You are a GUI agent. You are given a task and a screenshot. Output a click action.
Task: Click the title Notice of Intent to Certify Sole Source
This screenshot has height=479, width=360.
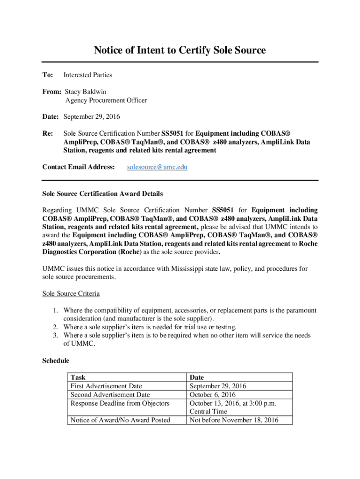coord(180,50)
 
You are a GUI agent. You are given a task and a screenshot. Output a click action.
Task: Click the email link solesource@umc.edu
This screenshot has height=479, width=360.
coord(157,167)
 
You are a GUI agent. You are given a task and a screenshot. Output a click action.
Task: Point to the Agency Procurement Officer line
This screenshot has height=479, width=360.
coord(106,100)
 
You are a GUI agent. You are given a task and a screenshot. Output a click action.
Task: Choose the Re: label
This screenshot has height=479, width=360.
coord(48,133)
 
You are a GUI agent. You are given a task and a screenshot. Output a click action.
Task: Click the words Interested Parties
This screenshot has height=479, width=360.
coord(88,75)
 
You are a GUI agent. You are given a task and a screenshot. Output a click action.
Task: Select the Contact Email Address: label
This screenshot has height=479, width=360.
coord(79,167)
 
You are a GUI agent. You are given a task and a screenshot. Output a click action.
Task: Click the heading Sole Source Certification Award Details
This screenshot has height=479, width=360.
coord(102,193)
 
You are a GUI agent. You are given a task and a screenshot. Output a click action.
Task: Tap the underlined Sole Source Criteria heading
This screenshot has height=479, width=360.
coord(71,293)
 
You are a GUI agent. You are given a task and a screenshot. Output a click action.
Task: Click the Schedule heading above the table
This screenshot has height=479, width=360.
coord(56,361)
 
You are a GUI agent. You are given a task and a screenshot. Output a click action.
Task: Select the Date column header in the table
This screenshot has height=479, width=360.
coord(197,377)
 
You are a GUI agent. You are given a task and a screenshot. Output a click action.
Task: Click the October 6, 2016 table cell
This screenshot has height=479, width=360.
coord(212,395)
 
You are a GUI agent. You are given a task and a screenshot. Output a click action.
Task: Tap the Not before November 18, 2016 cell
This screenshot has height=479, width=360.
coord(234,420)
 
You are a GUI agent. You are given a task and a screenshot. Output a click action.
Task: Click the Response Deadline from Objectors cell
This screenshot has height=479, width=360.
coord(120,403)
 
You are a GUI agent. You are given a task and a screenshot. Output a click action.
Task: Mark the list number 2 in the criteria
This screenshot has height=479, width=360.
coord(55,327)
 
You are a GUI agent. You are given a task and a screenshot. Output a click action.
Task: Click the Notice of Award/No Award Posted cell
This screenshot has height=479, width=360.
coord(120,420)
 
